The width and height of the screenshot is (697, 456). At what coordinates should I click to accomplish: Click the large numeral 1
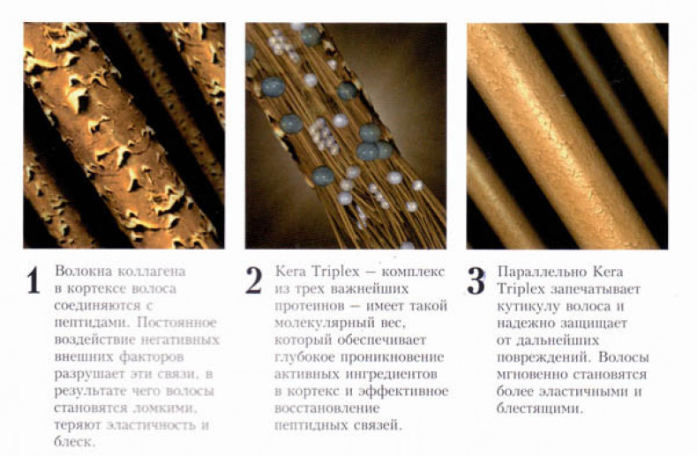click(34, 280)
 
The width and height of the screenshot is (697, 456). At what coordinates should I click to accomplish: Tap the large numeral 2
click(254, 280)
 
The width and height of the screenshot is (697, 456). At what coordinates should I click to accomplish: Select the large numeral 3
click(476, 281)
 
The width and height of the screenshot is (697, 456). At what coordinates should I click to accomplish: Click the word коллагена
click(152, 271)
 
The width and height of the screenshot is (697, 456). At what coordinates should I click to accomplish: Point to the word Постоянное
click(176, 322)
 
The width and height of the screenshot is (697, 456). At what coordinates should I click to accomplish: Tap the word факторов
click(151, 357)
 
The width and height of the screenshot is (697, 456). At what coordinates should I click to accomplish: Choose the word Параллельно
click(540, 272)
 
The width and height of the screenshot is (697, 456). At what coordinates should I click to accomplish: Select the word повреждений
click(543, 358)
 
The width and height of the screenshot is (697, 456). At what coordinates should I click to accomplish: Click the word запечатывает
click(596, 289)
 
